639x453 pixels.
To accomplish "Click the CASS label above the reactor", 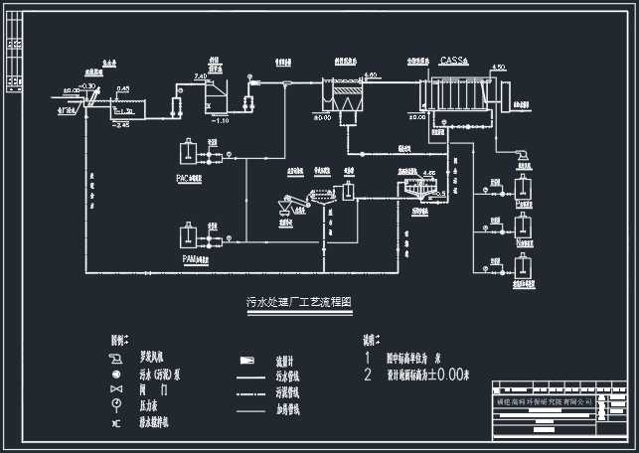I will (453, 62).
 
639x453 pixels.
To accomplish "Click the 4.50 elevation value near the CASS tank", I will (499, 67).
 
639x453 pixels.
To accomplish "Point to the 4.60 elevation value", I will (371, 75).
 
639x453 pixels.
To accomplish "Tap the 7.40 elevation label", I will (200, 75).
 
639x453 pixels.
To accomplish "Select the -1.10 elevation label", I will (221, 120).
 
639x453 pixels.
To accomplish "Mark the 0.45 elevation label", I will (122, 89).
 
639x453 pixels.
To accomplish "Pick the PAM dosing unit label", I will (195, 259).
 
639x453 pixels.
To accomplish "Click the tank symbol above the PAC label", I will (186, 153).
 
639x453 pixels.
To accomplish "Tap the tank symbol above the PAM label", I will (186, 236).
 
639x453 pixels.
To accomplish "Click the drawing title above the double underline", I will (299, 301).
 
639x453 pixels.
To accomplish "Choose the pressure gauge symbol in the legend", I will (116, 406).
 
